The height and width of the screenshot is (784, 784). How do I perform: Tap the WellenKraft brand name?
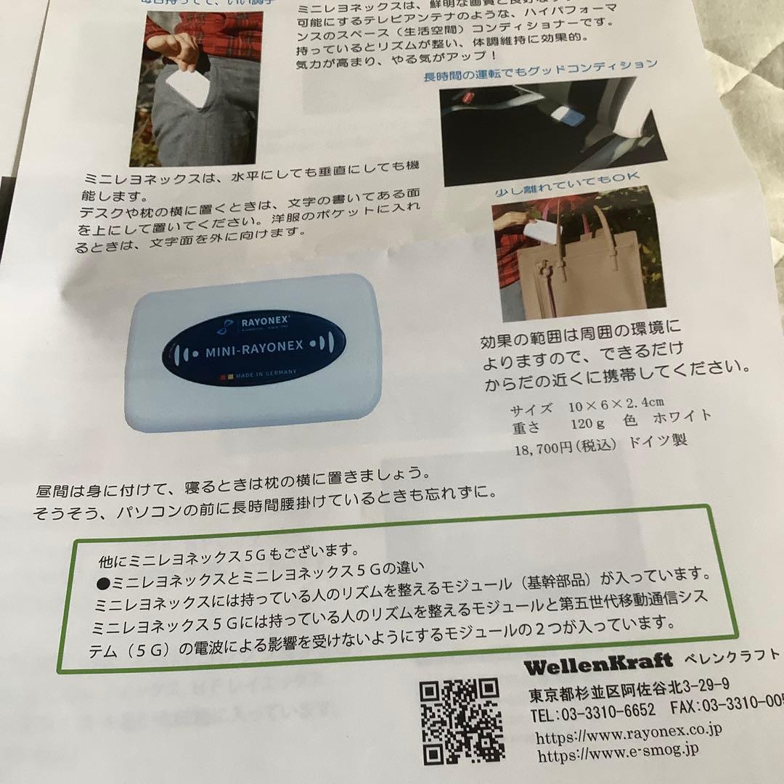[599, 663]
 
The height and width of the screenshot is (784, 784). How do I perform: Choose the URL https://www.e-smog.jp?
[618, 755]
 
